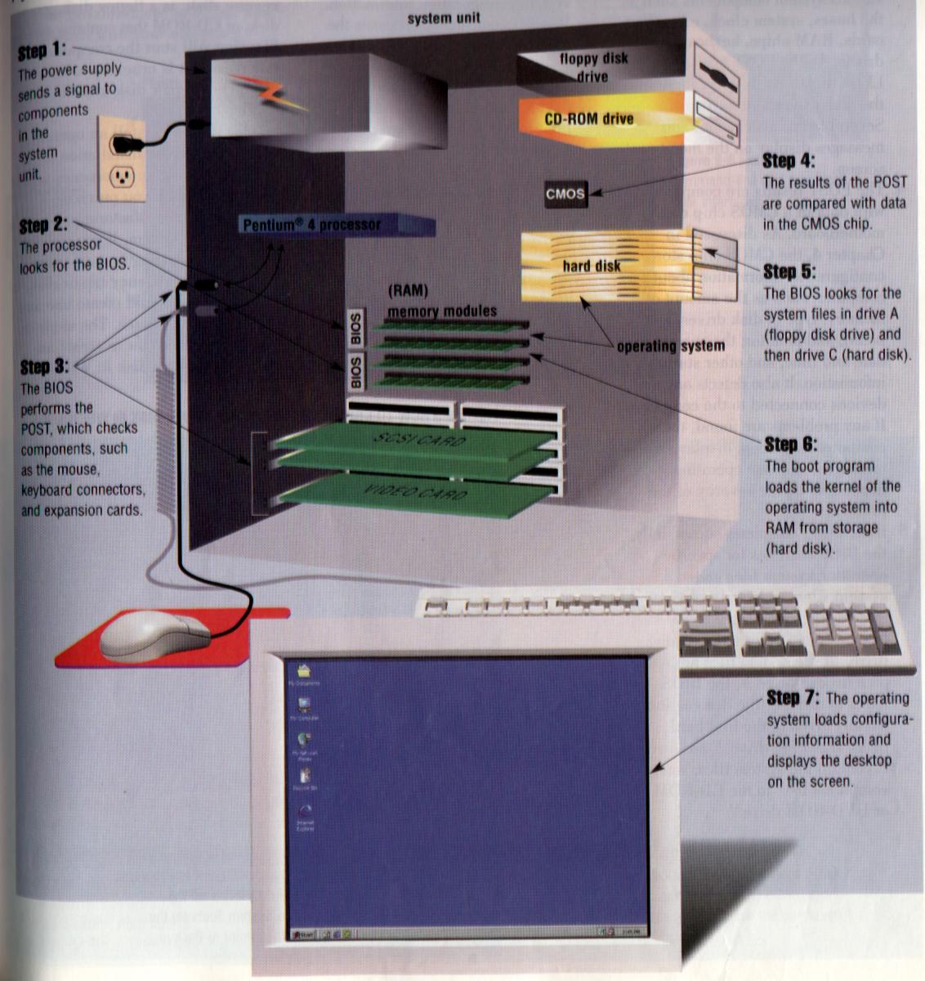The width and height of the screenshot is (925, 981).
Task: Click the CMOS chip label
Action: pos(565,194)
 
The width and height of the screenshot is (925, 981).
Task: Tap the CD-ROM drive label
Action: pos(588,119)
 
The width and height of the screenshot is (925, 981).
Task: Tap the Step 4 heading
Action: pos(788,160)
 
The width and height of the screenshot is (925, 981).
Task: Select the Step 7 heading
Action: pos(793,697)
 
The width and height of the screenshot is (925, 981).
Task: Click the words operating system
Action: pos(670,346)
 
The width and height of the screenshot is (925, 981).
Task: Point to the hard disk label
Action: pos(591,266)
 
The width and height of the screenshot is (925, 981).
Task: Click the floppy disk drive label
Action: pos(593,67)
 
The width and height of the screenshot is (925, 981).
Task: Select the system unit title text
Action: pos(444,17)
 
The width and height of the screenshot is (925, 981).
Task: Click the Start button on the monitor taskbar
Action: pos(303,934)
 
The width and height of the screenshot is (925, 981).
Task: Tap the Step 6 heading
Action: pos(789,444)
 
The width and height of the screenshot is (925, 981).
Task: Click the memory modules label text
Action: pos(441,311)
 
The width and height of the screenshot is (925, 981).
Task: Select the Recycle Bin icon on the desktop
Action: pos(305,777)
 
